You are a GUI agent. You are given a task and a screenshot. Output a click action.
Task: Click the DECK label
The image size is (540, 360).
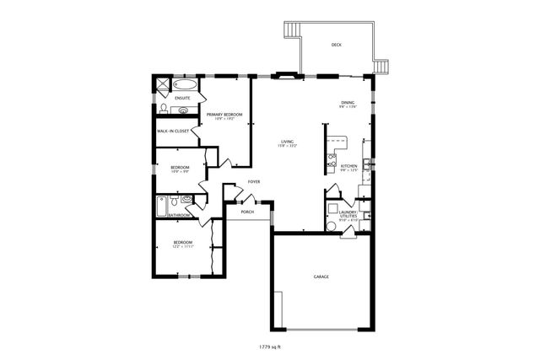pyautogui.click(x=336, y=45)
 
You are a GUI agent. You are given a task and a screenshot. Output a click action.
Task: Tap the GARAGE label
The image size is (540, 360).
pyautogui.click(x=321, y=277)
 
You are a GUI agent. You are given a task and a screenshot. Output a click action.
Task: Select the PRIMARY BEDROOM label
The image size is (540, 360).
pyautogui.click(x=224, y=114)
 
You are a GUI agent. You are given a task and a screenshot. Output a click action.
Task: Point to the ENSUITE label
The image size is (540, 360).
pyautogui.click(x=182, y=99)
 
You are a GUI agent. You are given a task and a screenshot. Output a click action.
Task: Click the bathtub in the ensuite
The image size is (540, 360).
pyautogui.click(x=184, y=85)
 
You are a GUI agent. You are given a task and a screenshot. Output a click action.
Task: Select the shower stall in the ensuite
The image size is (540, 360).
pyautogui.click(x=159, y=83)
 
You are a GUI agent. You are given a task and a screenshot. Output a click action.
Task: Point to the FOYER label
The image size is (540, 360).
pyautogui.click(x=253, y=182)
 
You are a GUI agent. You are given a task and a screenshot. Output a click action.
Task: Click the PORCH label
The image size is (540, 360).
pyautogui.click(x=247, y=212)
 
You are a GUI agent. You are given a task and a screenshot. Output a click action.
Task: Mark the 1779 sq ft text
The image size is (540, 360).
pyautogui.click(x=270, y=346)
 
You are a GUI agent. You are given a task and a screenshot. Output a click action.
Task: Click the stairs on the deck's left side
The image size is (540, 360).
pyautogui.click(x=293, y=31)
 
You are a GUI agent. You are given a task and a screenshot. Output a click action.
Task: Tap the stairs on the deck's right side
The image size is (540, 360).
pyautogui.click(x=385, y=67)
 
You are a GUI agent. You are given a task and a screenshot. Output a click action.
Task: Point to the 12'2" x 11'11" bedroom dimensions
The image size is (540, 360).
pyautogui.click(x=182, y=246)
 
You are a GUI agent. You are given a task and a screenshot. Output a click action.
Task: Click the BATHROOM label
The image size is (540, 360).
pyautogui.click(x=179, y=215)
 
